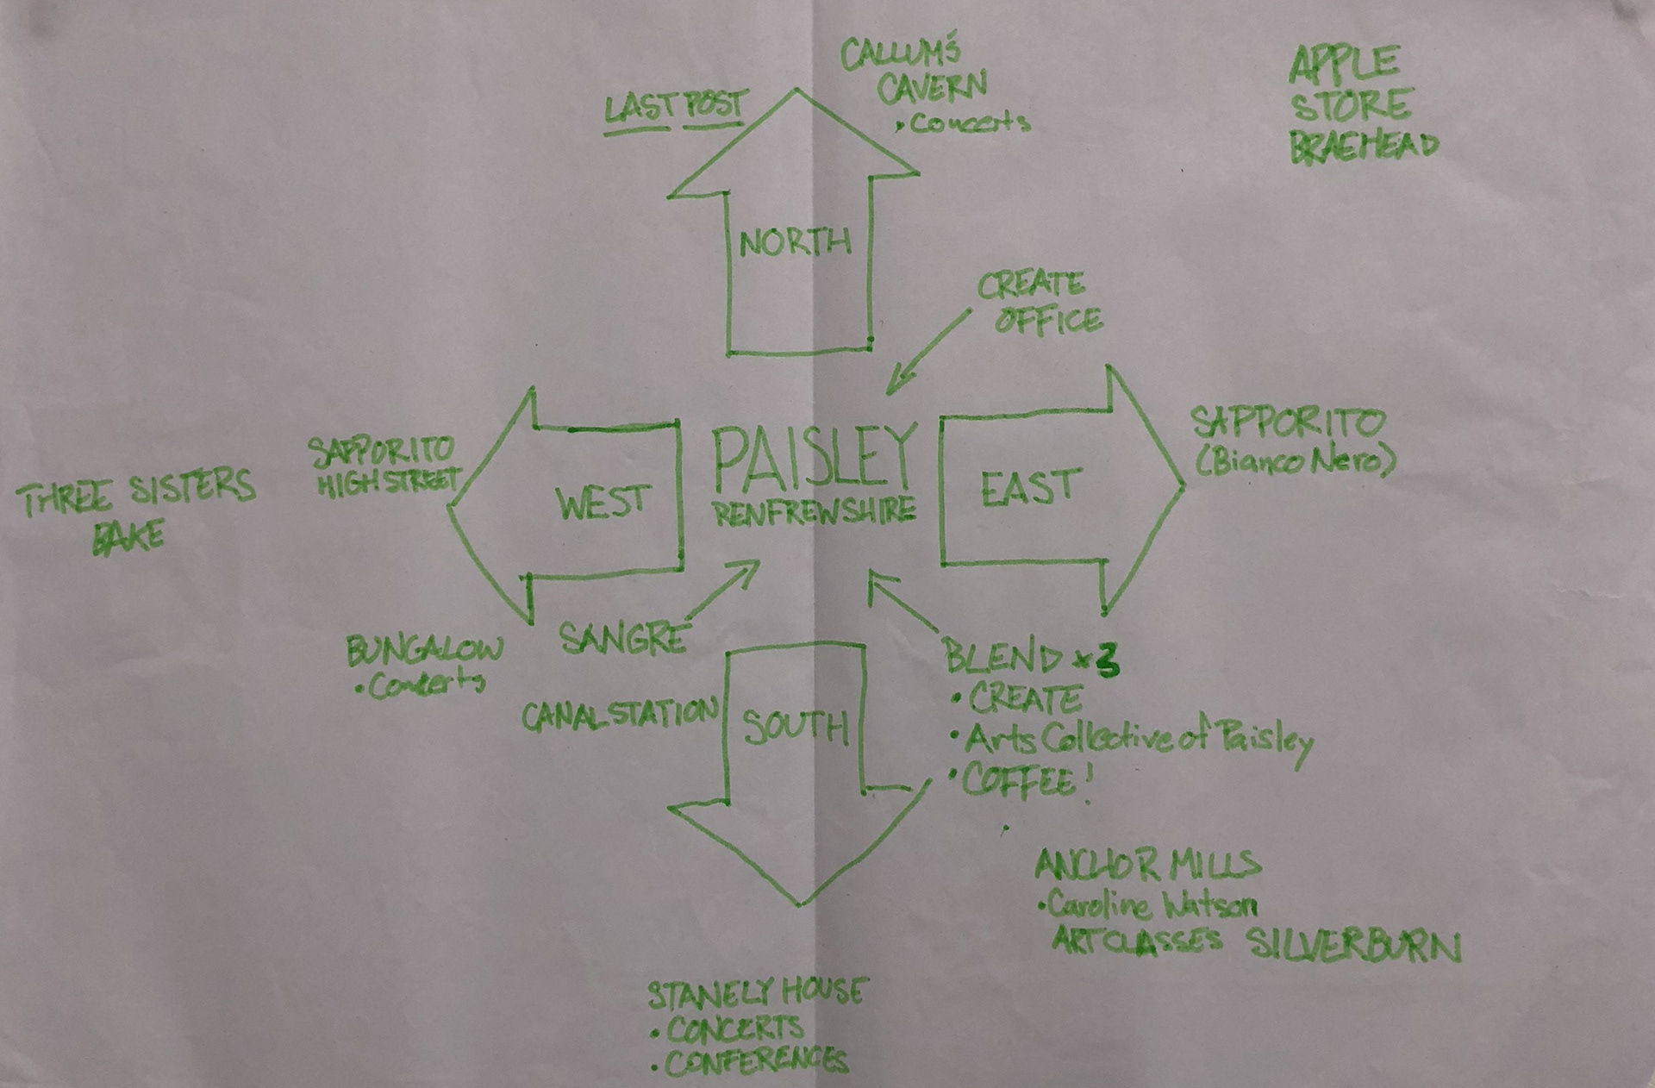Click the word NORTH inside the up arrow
pyautogui.click(x=795, y=243)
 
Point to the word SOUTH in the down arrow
pyautogui.click(x=795, y=728)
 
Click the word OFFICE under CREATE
pyautogui.click(x=1048, y=321)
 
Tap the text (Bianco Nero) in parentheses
pyautogui.click(x=1295, y=462)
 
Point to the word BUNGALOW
pyautogui.click(x=424, y=651)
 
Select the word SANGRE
pyautogui.click(x=622, y=638)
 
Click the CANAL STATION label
pyautogui.click(x=619, y=715)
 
